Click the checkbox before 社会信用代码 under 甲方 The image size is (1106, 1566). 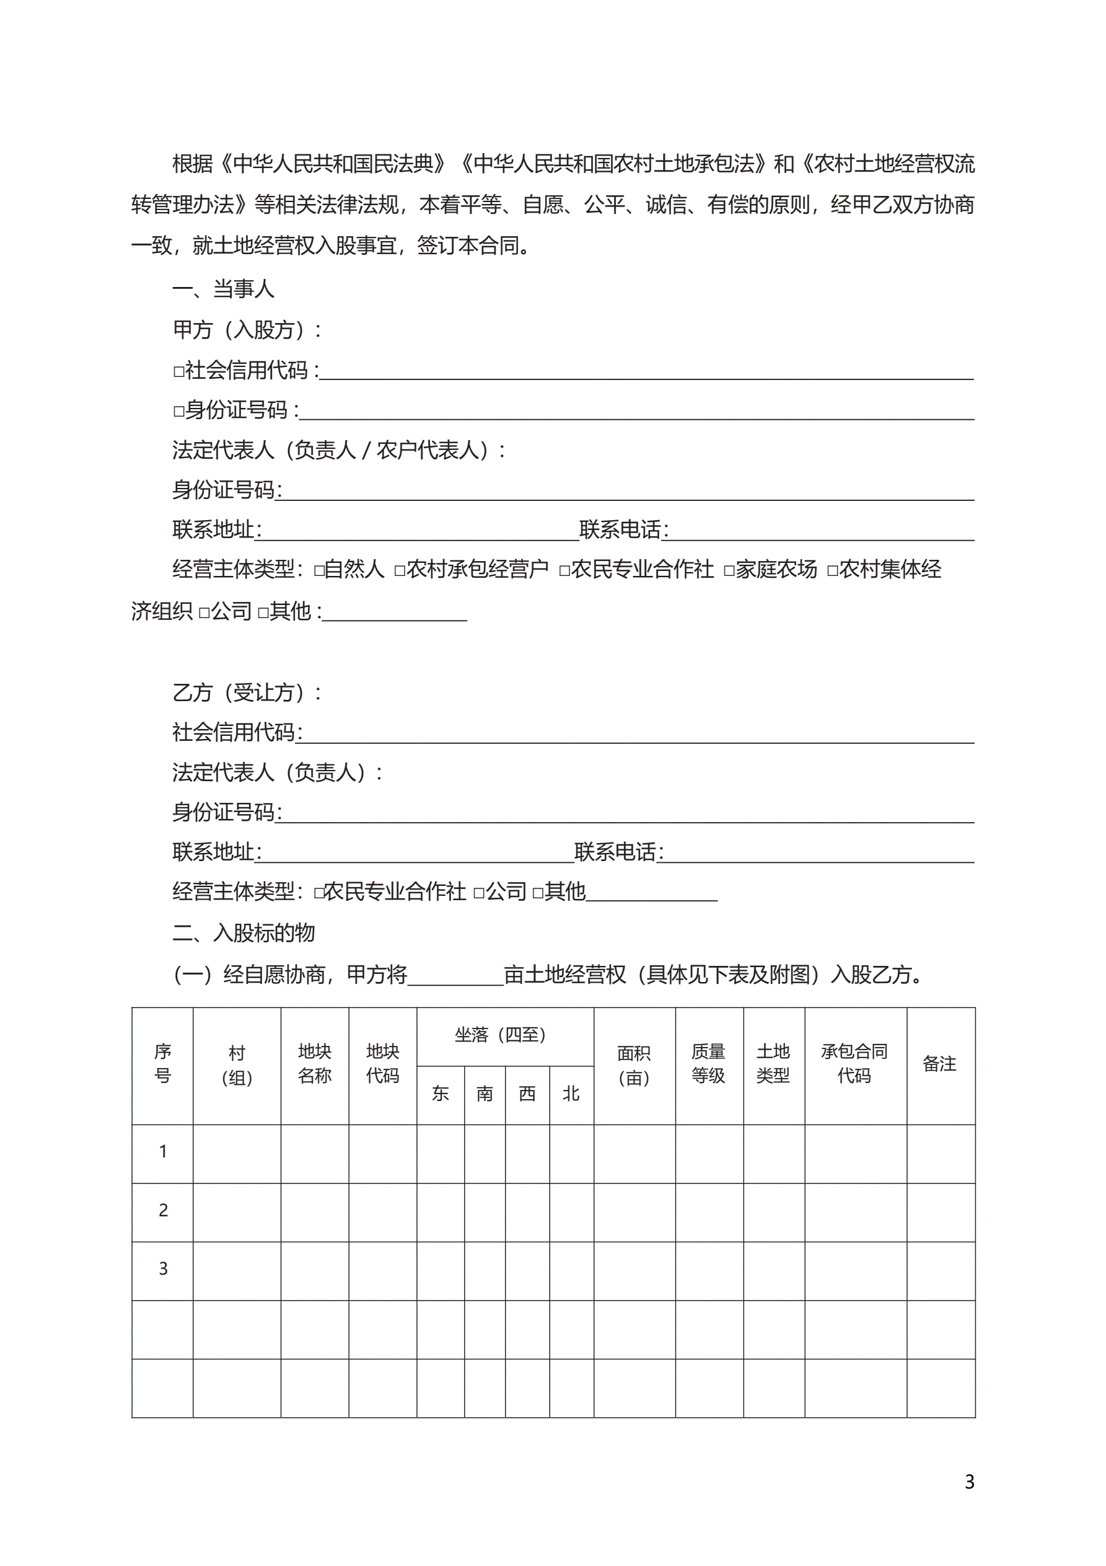click(178, 372)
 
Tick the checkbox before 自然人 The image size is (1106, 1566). click(319, 570)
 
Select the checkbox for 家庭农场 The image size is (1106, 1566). click(729, 570)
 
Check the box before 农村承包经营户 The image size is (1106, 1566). click(400, 570)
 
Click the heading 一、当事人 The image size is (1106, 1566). click(223, 289)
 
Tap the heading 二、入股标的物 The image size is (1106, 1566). click(244, 932)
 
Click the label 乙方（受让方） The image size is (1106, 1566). click(246, 692)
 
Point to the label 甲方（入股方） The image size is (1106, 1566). click(246, 329)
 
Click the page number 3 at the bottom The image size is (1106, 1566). click(969, 1482)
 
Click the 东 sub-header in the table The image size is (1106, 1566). click(441, 1094)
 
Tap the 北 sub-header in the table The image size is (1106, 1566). click(571, 1094)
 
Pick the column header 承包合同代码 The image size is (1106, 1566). click(855, 1063)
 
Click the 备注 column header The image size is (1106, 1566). click(939, 1064)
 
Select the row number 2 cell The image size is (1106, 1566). click(163, 1210)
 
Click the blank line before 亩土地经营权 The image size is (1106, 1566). click(455, 975)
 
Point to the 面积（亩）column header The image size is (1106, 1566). click(634, 1064)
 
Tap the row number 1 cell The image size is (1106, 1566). click(163, 1151)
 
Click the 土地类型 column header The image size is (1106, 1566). click(773, 1063)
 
